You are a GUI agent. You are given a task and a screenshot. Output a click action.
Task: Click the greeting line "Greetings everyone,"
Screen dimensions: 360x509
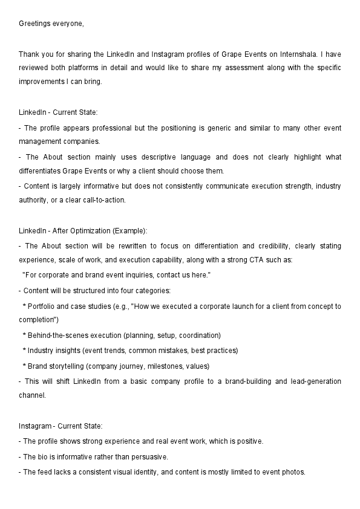(51, 24)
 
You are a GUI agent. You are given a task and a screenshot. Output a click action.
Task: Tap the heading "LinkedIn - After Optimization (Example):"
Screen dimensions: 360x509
(83, 231)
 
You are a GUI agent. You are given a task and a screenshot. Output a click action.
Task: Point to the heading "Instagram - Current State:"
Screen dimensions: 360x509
(61, 426)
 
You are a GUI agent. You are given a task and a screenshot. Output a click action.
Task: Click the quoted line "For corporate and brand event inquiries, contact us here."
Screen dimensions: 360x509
(116, 275)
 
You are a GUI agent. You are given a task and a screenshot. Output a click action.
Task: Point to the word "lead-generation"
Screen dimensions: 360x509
(316, 381)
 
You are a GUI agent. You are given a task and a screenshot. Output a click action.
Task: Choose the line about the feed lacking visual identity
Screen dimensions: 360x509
(162, 472)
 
